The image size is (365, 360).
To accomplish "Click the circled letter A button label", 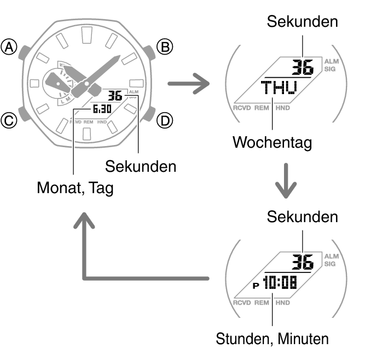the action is [x=9, y=47].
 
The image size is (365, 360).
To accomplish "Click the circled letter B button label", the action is [x=165, y=47].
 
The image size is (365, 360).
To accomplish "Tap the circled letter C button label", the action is [x=9, y=121].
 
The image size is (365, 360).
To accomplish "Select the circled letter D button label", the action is [x=165, y=121].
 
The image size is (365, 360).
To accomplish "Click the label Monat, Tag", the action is [x=75, y=188].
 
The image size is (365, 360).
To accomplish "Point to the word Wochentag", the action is [x=272, y=143].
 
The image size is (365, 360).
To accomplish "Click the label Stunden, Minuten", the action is [x=272, y=339].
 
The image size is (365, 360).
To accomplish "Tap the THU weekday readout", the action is [x=279, y=88].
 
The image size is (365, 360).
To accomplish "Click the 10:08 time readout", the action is [x=280, y=282].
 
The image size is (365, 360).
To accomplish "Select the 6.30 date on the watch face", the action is [x=102, y=109].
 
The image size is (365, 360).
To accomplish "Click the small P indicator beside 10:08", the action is [x=256, y=285].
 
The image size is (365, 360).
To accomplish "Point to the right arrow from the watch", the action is [x=189, y=84].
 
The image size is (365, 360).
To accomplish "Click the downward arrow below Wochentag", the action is [x=286, y=181].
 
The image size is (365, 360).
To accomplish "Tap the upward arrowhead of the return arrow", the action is [x=84, y=220].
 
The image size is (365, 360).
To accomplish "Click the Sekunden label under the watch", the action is [x=141, y=166].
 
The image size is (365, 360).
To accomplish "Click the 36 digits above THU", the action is [x=303, y=67].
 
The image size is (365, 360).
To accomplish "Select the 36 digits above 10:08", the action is [x=303, y=262].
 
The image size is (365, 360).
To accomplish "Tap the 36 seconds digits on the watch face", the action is [x=115, y=96].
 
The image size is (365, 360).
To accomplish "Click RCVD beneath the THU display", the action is [x=242, y=108].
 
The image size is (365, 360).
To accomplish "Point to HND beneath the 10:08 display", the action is [x=282, y=303].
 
